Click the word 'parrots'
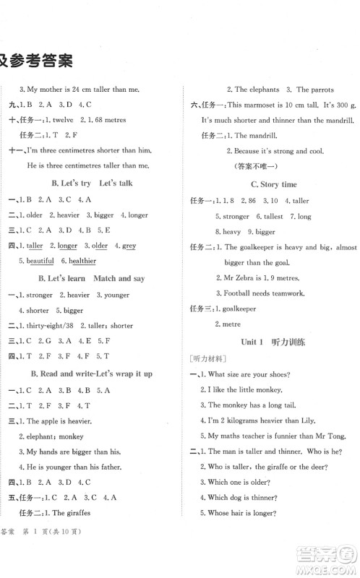point(318,90)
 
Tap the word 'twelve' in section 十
point(61,120)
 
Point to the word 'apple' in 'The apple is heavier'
point(50,420)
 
